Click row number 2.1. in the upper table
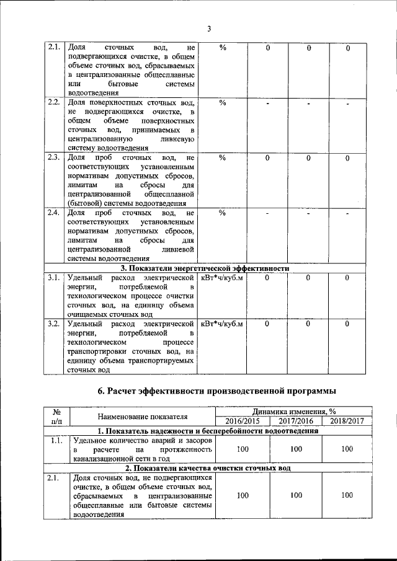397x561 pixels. tap(53, 48)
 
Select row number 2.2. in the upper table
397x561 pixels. tap(53, 102)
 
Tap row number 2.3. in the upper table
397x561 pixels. tap(53, 157)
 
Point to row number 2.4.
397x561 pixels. tap(53, 213)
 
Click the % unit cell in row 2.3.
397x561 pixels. tap(223, 157)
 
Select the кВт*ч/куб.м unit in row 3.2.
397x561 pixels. tap(223, 323)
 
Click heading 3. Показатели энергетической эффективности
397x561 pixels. tap(205, 268)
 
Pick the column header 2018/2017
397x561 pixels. tap(346, 421)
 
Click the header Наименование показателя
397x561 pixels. tap(142, 417)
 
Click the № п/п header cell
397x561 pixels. tap(56, 416)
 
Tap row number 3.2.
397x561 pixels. tap(53, 323)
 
